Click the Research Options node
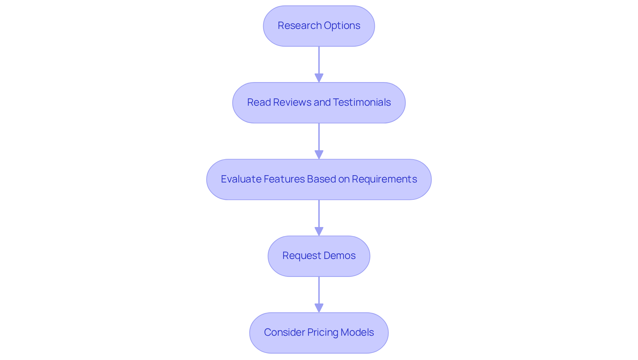tap(319, 26)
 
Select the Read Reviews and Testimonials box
tap(319, 103)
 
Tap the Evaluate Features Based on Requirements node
tap(319, 180)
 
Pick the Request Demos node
tap(319, 256)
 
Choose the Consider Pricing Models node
tap(319, 333)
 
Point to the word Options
tap(342, 26)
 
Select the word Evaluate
tap(241, 179)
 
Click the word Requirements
tap(384, 179)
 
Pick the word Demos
tap(339, 256)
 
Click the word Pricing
tap(322, 332)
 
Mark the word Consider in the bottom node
tap(284, 332)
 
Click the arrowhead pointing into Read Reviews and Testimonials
tap(319, 78)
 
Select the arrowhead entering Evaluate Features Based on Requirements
tap(319, 155)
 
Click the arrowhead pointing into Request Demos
tap(319, 231)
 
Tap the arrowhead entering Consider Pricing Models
tap(319, 308)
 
